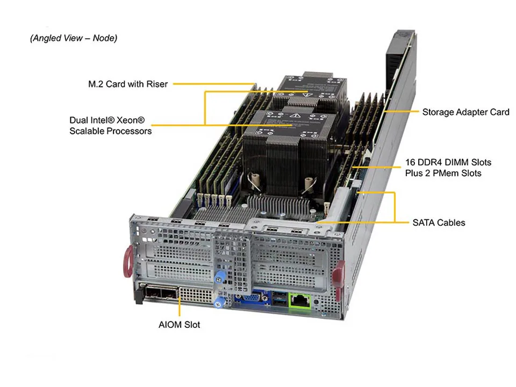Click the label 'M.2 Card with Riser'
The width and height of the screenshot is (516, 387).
[x=128, y=84]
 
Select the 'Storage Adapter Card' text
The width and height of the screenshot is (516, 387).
[x=465, y=112]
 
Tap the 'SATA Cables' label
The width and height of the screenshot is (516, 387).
[x=439, y=222]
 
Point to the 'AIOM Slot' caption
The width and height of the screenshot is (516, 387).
[x=179, y=325]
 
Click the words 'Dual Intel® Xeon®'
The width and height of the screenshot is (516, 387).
[x=107, y=120]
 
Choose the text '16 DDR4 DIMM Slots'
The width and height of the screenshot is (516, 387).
[x=448, y=162]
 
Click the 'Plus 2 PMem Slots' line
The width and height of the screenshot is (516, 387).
[x=443, y=173]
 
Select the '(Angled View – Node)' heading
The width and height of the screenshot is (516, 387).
[x=74, y=38]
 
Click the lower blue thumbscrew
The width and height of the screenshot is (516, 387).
[x=218, y=302]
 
